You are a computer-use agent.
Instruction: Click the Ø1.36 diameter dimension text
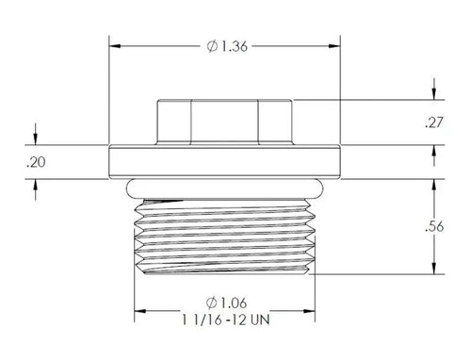click(227, 46)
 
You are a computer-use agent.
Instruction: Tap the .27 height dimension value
click(434, 123)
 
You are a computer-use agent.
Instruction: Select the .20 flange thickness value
click(36, 162)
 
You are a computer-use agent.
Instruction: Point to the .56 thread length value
click(434, 226)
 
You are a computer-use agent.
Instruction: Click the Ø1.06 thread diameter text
click(226, 303)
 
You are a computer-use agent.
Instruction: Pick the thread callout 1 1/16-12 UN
click(226, 319)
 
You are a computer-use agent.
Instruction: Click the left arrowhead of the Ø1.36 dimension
click(115, 46)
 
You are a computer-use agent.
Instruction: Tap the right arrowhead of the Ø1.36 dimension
click(334, 46)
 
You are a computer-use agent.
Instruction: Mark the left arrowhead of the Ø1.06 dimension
click(140, 311)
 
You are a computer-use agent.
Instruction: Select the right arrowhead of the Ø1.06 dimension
click(309, 311)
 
